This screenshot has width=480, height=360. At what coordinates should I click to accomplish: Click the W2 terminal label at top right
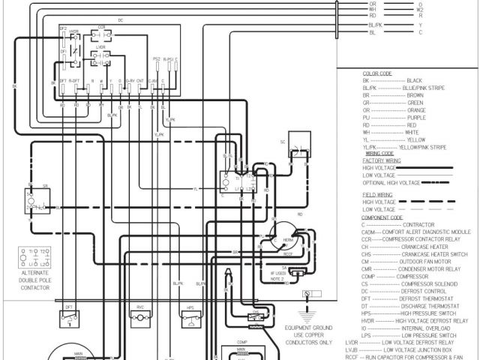[420, 9]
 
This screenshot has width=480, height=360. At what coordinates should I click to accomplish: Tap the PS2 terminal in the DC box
[156, 58]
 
